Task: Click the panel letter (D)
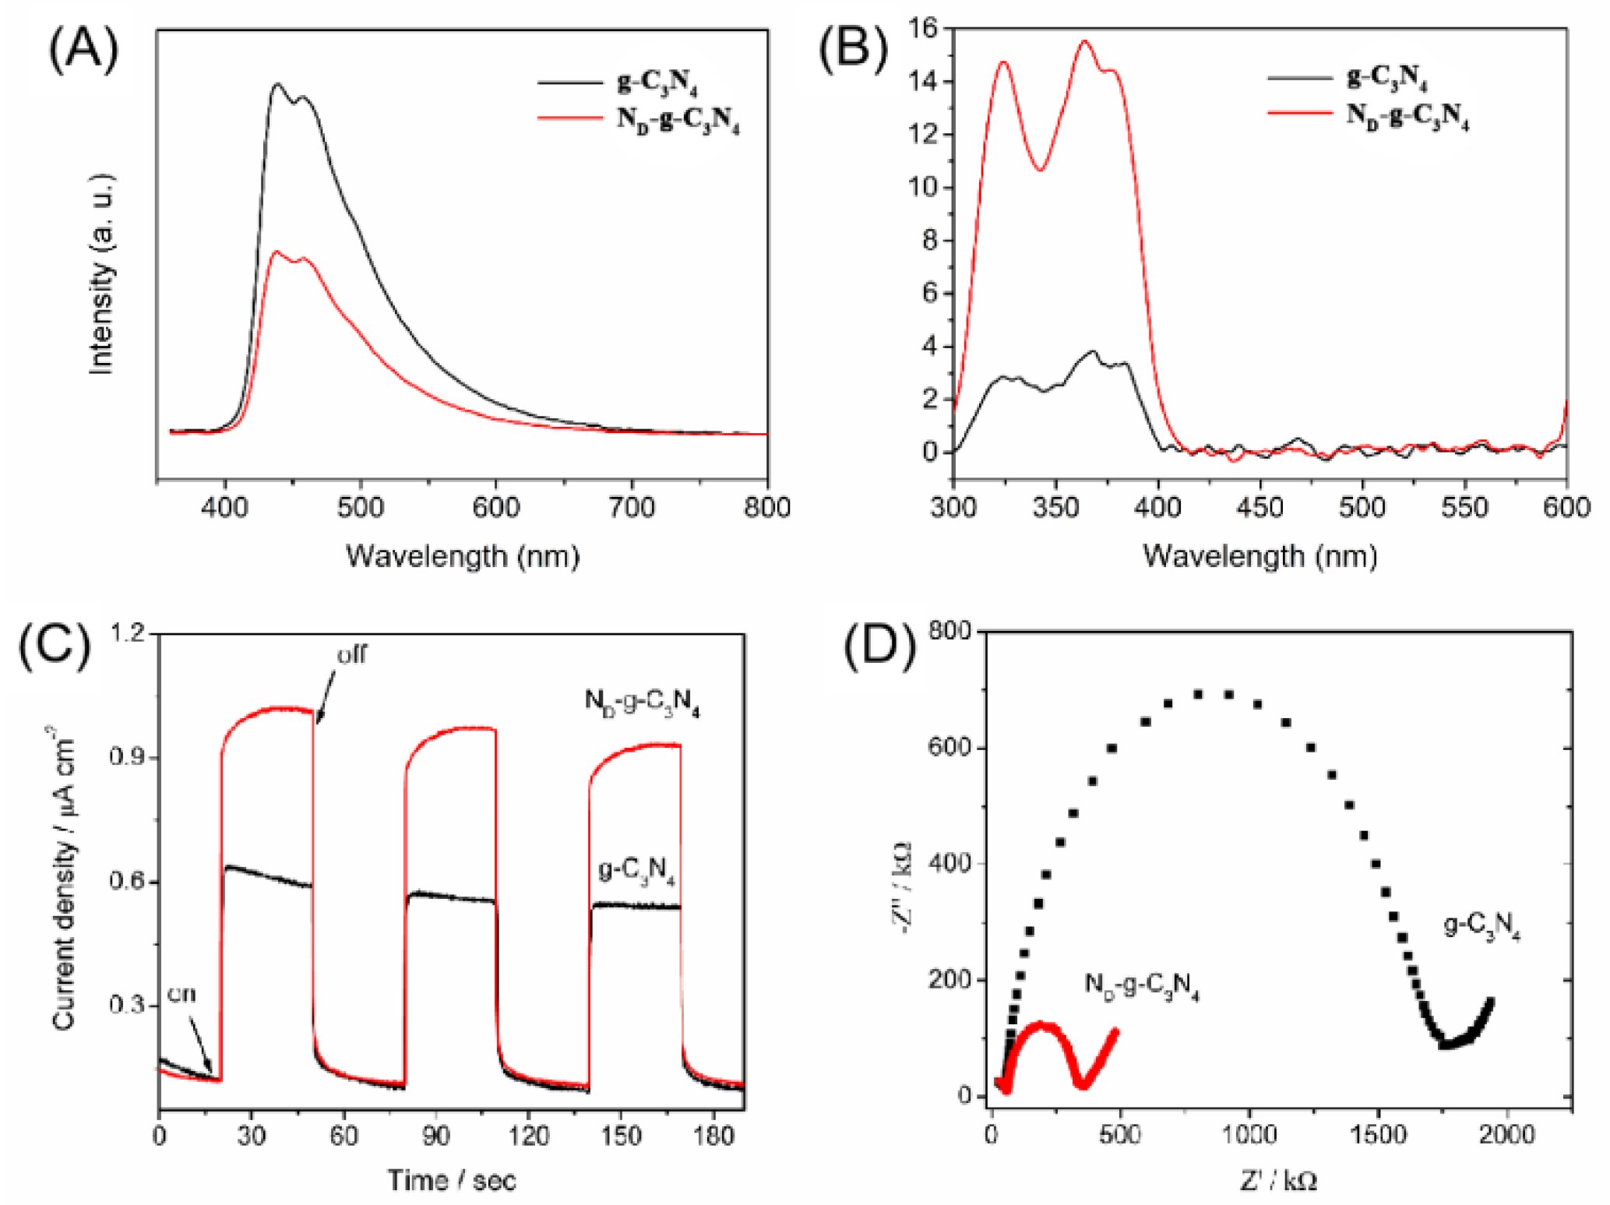(880, 647)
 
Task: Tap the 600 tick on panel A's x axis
(496, 508)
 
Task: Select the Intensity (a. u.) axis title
(102, 274)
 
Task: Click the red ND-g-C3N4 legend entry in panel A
(677, 119)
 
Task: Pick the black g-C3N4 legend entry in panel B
(1386, 76)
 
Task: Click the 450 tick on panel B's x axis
(1259, 508)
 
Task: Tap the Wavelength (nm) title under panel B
(1259, 556)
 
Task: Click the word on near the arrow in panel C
(181, 995)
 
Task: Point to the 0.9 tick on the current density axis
(129, 757)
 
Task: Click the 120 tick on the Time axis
(528, 1136)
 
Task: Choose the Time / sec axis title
(452, 1180)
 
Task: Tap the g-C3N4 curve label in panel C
(636, 869)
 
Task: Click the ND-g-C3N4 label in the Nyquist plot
(1141, 986)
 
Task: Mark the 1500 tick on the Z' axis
(1378, 1134)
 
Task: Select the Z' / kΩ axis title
(1278, 1182)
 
